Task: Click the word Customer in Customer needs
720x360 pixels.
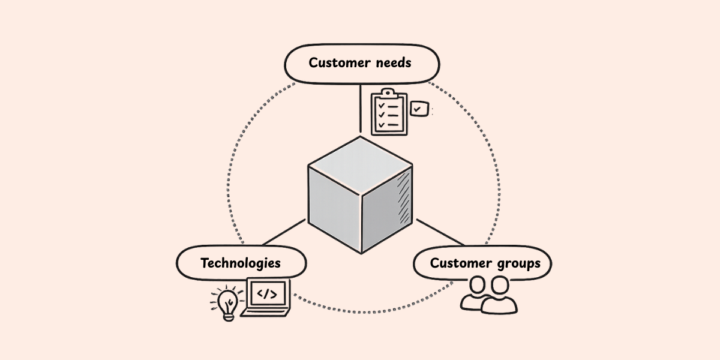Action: (338, 62)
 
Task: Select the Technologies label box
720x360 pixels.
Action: (241, 263)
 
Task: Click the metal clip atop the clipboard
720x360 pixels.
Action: (389, 92)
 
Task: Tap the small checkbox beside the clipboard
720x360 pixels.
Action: (419, 109)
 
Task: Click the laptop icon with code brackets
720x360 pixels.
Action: (266, 298)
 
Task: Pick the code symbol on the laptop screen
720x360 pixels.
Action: (267, 294)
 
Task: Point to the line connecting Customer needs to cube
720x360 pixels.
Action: (360, 108)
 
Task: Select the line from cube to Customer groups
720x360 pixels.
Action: (440, 232)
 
